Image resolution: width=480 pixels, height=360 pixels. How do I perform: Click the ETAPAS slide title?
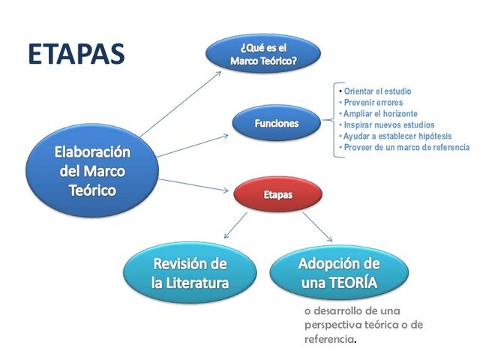76,54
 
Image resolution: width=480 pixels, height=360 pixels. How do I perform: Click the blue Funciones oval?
277,124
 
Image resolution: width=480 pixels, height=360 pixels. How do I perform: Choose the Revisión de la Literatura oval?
190,274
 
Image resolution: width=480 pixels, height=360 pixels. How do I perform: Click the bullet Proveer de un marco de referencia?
406,148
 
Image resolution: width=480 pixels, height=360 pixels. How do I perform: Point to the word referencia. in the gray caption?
331,340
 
